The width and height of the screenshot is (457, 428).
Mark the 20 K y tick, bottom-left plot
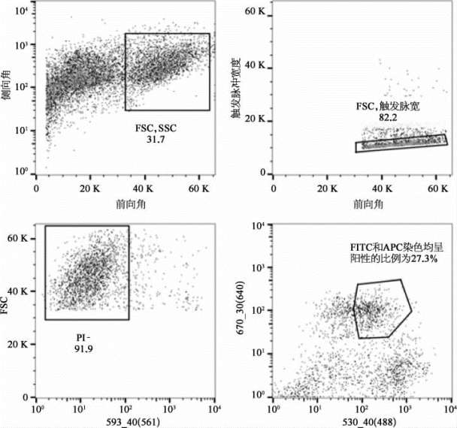click(21, 344)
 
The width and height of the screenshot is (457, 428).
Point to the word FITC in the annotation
click(362, 246)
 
